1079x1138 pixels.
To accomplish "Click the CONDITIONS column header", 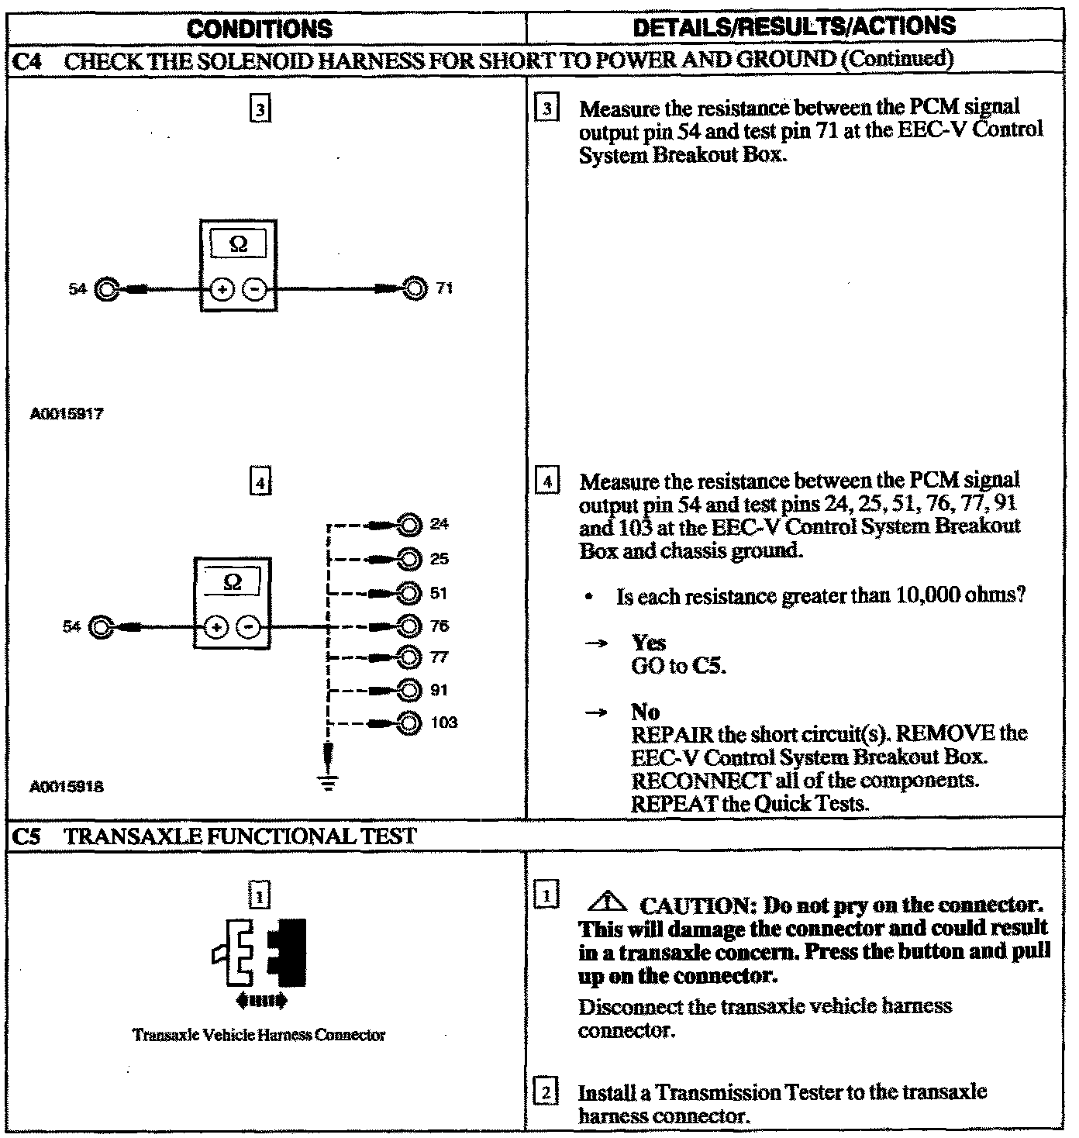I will (260, 29).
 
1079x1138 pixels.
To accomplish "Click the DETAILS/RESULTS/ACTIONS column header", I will (795, 27).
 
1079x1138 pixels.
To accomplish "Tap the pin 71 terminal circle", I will (415, 289).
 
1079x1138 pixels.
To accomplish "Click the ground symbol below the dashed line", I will (329, 784).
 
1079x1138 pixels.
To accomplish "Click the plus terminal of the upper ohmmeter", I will (222, 290).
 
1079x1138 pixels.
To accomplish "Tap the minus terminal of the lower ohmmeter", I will (249, 626).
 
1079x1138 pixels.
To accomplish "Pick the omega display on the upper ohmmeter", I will (239, 244).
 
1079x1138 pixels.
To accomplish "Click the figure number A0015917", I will (67, 414).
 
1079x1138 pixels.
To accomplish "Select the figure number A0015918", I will (67, 787).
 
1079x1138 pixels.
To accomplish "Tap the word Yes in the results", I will (648, 643).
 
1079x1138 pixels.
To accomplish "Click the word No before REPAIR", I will (645, 712).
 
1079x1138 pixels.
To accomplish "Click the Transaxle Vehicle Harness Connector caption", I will (259, 1035).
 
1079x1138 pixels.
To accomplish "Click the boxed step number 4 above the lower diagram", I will (260, 483).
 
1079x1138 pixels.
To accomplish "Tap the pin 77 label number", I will (439, 658).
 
